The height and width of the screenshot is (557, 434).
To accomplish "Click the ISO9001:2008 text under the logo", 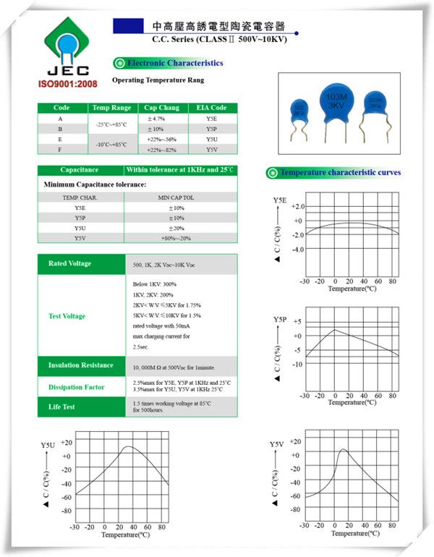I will [67, 85].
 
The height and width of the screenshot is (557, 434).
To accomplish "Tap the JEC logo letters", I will [67, 71].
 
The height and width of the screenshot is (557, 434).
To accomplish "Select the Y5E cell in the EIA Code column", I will [211, 118].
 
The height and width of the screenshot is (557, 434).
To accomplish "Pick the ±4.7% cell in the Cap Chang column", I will [156, 118].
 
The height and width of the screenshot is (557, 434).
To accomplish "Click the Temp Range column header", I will [112, 108].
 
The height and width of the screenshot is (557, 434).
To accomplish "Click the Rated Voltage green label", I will [69, 263].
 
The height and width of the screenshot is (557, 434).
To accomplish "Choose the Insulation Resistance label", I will [80, 365].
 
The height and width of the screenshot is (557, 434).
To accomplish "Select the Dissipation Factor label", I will [76, 387].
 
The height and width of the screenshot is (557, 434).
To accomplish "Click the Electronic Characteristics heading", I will [175, 63].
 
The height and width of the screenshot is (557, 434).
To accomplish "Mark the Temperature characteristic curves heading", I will [340, 172].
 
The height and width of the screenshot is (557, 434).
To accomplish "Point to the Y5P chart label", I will [280, 319].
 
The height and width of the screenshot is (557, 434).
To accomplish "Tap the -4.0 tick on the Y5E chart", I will [297, 250].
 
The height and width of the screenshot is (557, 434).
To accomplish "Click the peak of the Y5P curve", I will [334, 331].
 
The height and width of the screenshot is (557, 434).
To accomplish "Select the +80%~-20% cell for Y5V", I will [176, 238].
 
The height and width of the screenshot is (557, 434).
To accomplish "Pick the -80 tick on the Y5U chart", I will [66, 510].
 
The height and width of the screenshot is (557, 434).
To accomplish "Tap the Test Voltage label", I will [67, 316].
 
